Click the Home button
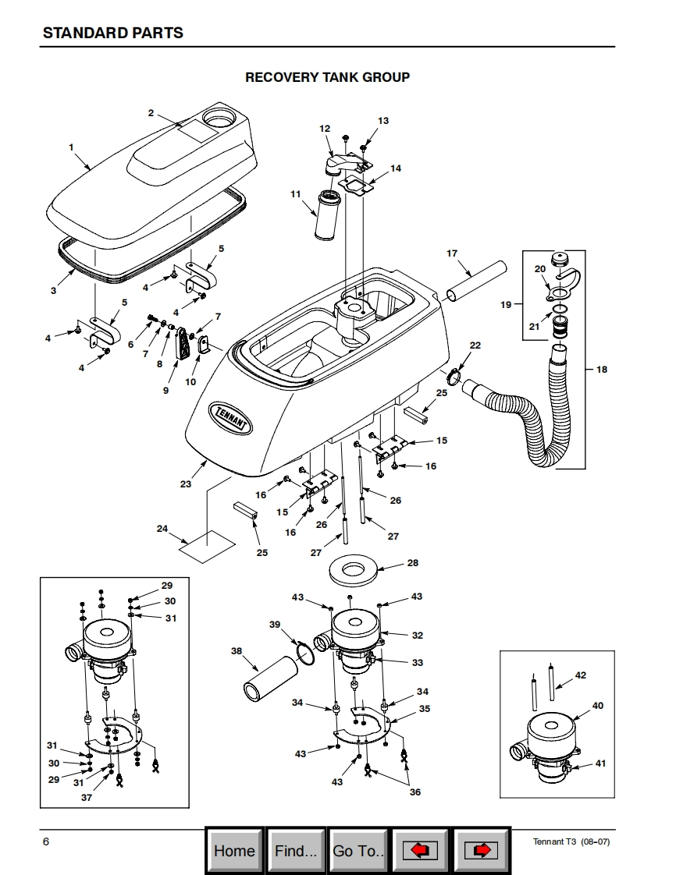(235, 851)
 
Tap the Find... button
(296, 851)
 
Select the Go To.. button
(358, 851)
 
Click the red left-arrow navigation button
(419, 851)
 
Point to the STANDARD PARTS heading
(113, 33)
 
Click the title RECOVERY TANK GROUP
(327, 77)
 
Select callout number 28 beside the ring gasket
(413, 562)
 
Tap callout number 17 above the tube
(452, 253)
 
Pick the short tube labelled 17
(476, 282)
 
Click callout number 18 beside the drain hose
(602, 370)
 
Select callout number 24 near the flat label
(162, 529)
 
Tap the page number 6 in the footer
(46, 841)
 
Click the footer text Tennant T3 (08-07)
(571, 841)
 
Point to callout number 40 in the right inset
(598, 705)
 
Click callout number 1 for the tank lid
(71, 147)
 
